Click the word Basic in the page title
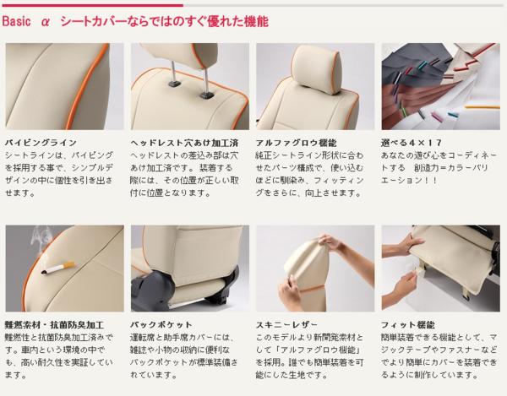(x=17, y=21)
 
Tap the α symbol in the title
(x=46, y=22)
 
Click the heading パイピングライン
(x=41, y=143)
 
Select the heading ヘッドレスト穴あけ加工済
(x=184, y=143)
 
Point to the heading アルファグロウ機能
(x=296, y=143)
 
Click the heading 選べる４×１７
(x=411, y=143)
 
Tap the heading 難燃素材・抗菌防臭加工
(x=54, y=324)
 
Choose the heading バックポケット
(x=161, y=324)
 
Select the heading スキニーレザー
(x=286, y=324)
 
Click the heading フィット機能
(x=408, y=324)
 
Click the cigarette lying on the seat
(x=58, y=269)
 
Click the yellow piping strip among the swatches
(x=482, y=107)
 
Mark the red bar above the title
(x=92, y=5)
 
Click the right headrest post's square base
(x=206, y=95)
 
